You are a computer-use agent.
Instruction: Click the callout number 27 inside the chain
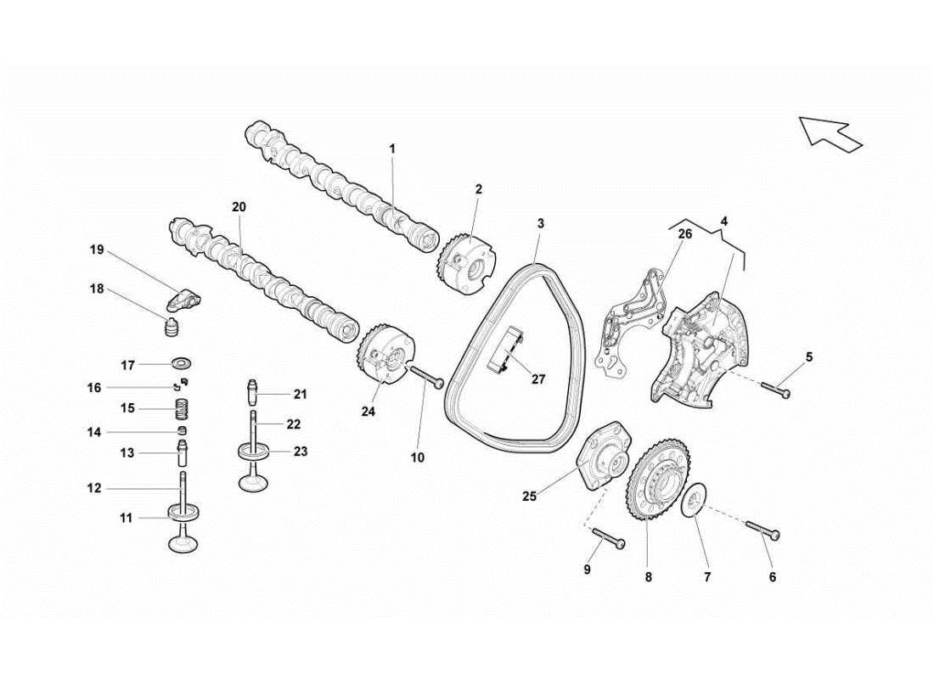538,379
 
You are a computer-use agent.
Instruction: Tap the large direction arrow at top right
830,133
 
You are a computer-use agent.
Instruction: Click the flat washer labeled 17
181,364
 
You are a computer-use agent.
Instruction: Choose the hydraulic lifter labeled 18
173,327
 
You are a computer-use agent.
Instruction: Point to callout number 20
238,206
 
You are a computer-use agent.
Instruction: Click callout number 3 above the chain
540,223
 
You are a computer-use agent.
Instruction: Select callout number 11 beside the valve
126,517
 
